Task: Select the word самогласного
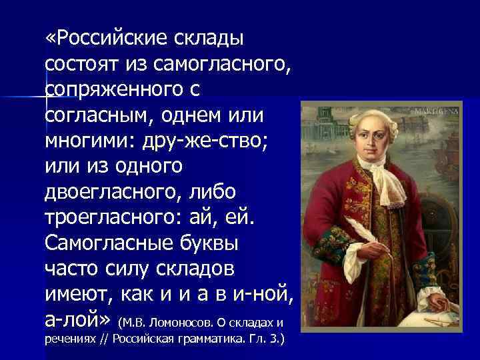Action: pyautogui.click(x=221, y=65)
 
